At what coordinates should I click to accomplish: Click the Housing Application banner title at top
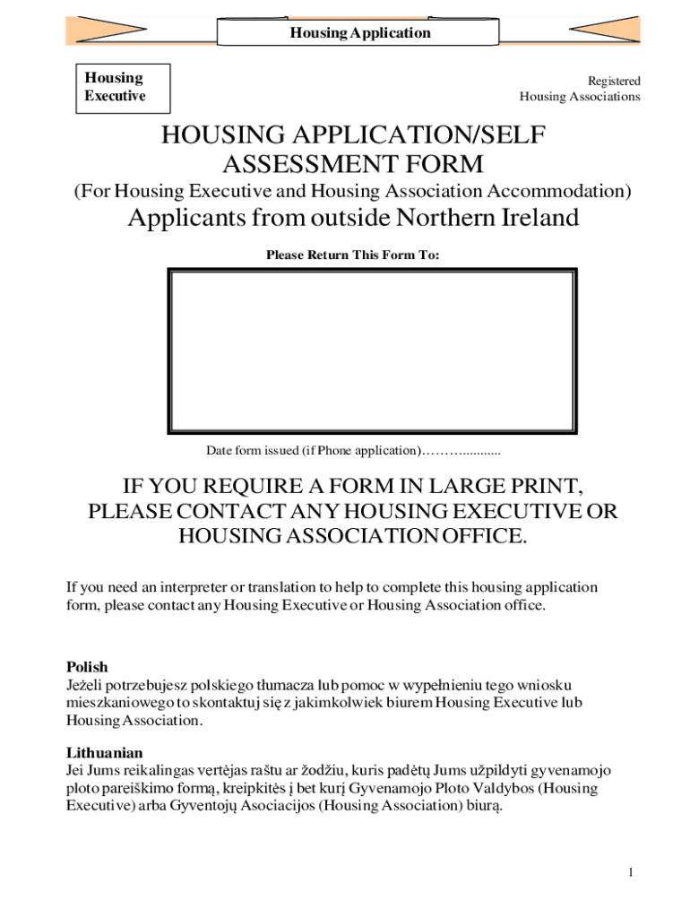[x=359, y=33]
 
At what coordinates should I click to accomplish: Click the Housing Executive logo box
[x=115, y=87]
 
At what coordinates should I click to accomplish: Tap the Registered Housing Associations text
[x=580, y=89]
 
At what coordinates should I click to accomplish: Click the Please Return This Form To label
[x=352, y=255]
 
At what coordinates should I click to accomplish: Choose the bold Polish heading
[x=87, y=667]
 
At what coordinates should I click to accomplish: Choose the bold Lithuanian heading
[x=104, y=753]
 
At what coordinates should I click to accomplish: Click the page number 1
[x=631, y=872]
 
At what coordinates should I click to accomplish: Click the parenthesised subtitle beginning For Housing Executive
[x=352, y=191]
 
